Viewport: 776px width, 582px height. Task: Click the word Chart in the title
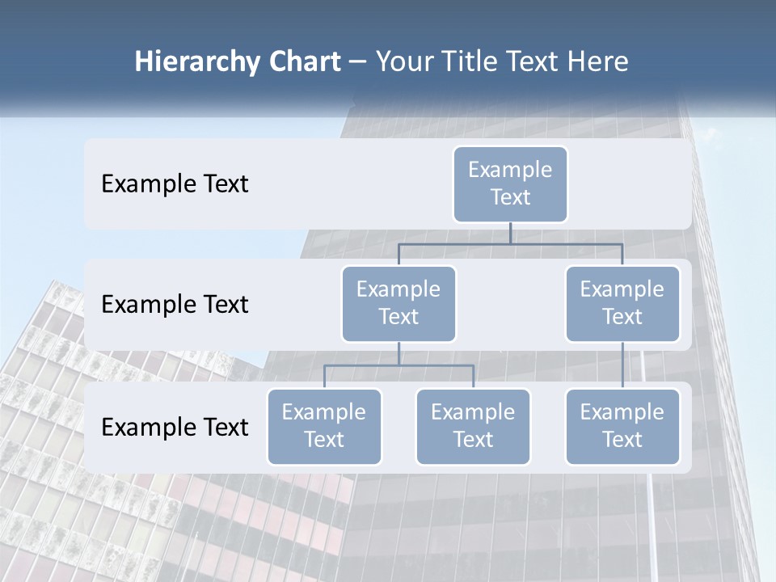(x=303, y=62)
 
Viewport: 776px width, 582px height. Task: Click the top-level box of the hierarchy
(x=510, y=183)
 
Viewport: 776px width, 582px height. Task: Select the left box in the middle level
(x=399, y=303)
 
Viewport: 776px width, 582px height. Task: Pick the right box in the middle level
(x=622, y=303)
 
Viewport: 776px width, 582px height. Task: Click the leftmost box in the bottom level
(x=324, y=426)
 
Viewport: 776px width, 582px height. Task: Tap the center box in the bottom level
(x=473, y=426)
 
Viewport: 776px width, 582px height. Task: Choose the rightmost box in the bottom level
(x=622, y=426)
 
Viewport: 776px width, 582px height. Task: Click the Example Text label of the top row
(x=175, y=184)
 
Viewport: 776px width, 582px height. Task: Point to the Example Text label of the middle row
(x=175, y=305)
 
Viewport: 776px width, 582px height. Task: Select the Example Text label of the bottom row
(x=175, y=427)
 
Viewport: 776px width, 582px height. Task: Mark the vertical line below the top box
(x=510, y=233)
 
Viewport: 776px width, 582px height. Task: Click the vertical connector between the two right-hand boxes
(x=622, y=365)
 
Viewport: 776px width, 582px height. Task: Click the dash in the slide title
(x=358, y=62)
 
